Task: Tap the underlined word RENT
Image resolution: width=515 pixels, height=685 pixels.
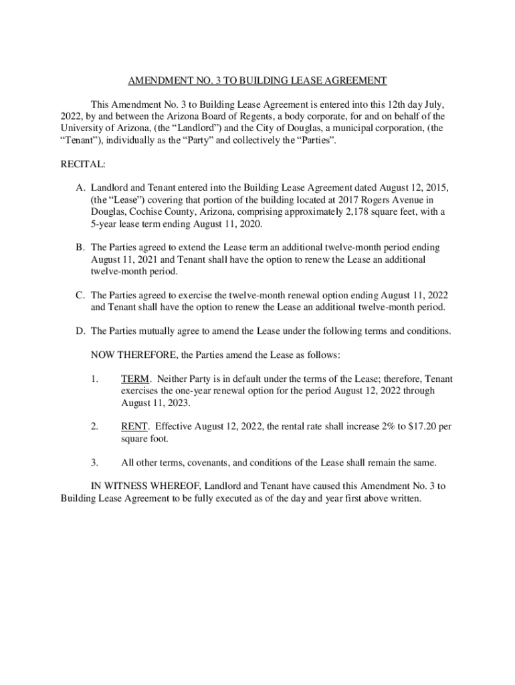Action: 134,426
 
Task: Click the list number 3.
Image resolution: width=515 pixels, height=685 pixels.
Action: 95,462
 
